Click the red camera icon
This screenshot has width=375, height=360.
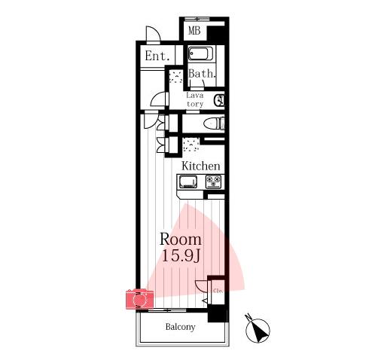tap(139, 299)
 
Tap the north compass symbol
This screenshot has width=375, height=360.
tap(258, 328)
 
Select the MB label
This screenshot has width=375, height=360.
tap(194, 31)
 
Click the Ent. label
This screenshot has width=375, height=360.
tap(157, 56)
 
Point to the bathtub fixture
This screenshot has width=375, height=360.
tap(198, 53)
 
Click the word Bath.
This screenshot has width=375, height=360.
tap(202, 74)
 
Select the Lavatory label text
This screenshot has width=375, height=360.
tap(195, 99)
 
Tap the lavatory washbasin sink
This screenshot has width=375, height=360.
tap(219, 100)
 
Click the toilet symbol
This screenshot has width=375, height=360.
tap(214, 124)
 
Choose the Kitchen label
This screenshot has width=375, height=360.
tap(201, 166)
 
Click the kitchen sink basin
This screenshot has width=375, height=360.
tap(188, 182)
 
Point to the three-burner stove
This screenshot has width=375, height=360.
tap(214, 182)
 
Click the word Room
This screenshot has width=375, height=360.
tap(181, 239)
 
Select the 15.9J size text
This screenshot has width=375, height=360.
tap(181, 255)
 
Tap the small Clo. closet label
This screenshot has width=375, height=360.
tap(218, 291)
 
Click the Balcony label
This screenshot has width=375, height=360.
tap(181, 327)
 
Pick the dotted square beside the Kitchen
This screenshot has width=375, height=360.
tap(191, 145)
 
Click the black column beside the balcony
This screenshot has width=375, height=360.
tap(218, 313)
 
